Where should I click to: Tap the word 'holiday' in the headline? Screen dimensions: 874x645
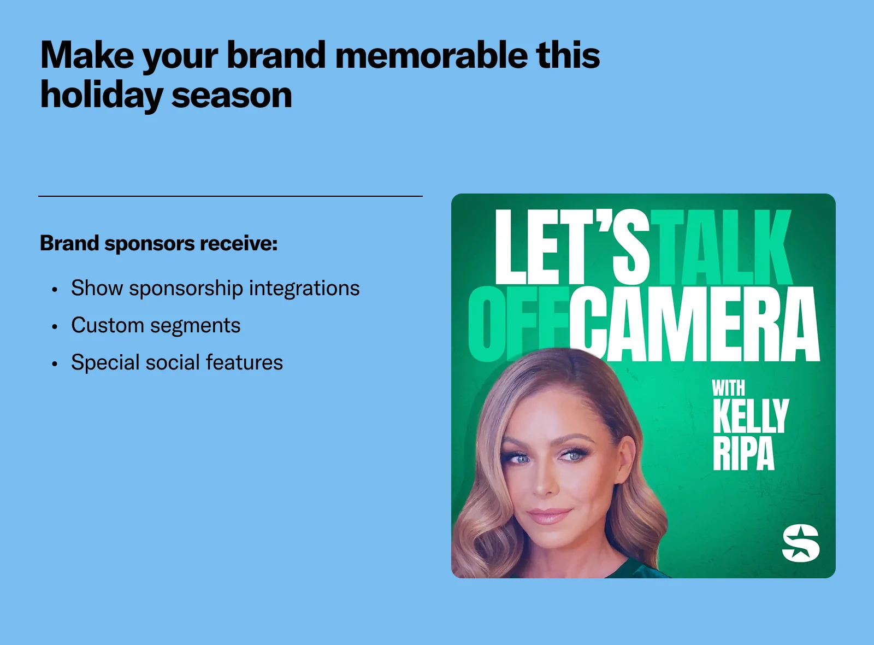[x=102, y=96]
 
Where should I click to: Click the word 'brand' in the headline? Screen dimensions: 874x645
[x=276, y=55]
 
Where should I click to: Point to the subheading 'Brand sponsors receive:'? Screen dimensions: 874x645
[x=159, y=244]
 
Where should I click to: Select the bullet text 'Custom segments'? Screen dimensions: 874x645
[x=156, y=325]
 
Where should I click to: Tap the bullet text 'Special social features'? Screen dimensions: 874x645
[x=177, y=362]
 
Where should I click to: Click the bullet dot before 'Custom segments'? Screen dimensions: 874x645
[x=55, y=326]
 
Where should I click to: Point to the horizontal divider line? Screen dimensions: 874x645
[x=230, y=196]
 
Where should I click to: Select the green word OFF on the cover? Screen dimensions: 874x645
[x=519, y=324]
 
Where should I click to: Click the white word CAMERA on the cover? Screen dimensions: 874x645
[x=694, y=324]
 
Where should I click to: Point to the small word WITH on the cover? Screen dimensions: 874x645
[x=729, y=388]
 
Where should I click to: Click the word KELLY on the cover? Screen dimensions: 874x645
[x=751, y=416]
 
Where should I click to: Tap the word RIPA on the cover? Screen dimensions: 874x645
[x=743, y=453]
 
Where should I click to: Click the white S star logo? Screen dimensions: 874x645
[x=801, y=543]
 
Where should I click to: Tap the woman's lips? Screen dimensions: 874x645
[x=550, y=516]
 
